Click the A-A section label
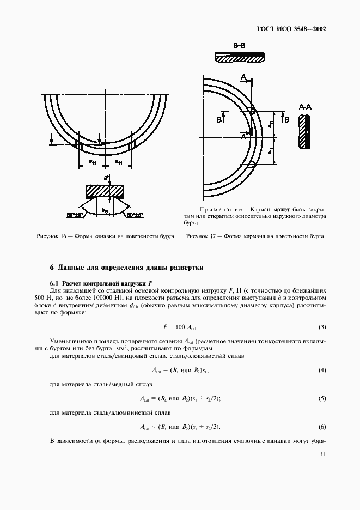[305, 107]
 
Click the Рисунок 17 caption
[255, 237]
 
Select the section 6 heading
[126, 268]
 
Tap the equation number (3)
[322, 327]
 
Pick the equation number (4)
[322, 370]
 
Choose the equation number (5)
[322, 398]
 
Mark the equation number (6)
[322, 426]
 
